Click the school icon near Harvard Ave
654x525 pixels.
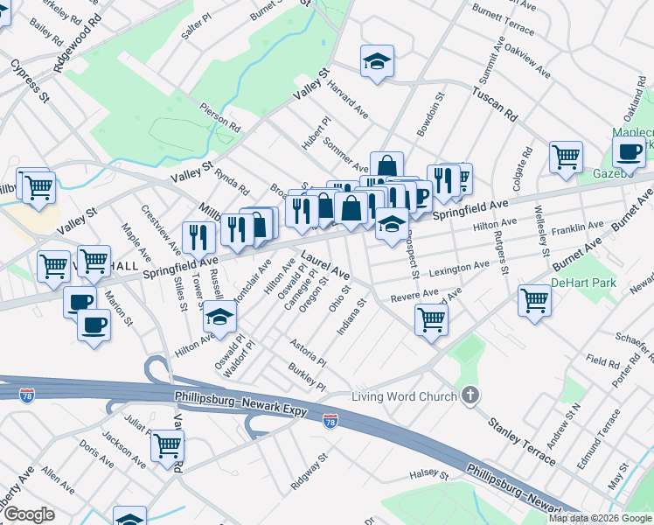377,61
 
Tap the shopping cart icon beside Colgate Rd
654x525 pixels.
567,157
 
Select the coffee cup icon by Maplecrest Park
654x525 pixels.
628,152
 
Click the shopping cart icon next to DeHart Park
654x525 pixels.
534,300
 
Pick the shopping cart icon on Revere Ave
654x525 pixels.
431,319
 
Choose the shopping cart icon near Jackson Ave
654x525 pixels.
167,446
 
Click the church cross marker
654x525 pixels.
471,396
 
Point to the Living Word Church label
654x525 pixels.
404,397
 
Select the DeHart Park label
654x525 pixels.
583,283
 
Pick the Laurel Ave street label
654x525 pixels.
325,265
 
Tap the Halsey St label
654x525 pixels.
428,476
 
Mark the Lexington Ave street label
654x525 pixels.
459,265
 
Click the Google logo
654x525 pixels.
30,514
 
